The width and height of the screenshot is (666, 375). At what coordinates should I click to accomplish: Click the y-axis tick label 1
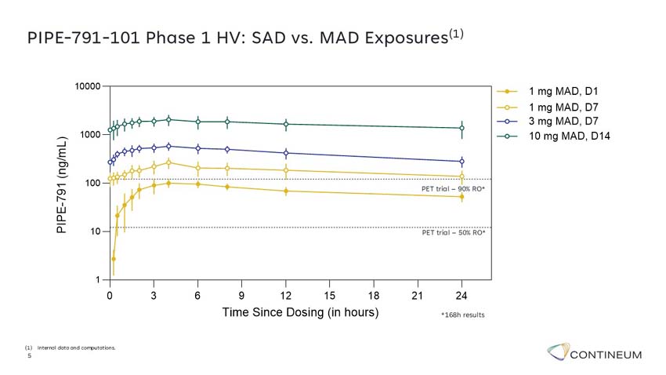98,280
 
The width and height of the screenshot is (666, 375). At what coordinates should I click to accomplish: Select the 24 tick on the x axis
461,295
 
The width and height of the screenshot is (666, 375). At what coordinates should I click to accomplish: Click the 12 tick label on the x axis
286,295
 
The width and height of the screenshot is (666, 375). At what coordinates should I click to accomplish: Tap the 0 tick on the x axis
110,295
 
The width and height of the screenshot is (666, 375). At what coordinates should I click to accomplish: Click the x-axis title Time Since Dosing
300,312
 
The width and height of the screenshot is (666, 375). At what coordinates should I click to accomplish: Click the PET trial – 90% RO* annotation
454,190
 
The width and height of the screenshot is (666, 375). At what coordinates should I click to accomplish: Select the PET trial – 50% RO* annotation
454,233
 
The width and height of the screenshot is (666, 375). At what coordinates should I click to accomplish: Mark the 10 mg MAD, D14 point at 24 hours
461,128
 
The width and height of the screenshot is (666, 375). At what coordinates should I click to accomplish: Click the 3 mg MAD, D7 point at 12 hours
286,153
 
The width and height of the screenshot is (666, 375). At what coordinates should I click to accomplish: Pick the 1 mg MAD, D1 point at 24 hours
461,197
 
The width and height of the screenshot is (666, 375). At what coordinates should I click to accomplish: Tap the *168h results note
462,315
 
